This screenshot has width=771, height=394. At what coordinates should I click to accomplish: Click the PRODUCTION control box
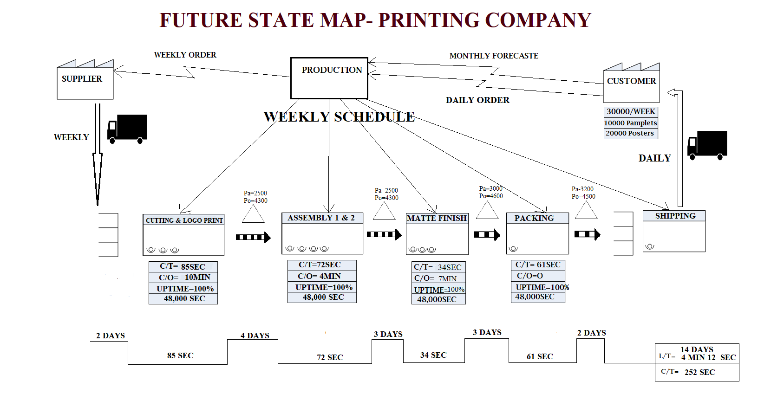pyautogui.click(x=329, y=78)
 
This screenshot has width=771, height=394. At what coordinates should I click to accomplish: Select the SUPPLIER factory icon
pyautogui.click(x=85, y=80)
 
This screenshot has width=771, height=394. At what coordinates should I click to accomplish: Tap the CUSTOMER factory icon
pyautogui.click(x=631, y=83)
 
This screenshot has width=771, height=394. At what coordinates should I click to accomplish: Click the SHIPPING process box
pyautogui.click(x=674, y=231)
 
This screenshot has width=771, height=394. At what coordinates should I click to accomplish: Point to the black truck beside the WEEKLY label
pyautogui.click(x=127, y=129)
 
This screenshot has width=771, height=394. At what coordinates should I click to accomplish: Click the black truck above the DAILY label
pyautogui.click(x=707, y=145)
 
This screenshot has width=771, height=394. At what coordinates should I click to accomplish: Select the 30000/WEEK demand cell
pyautogui.click(x=631, y=112)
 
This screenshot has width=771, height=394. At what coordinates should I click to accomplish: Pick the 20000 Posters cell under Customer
pyautogui.click(x=630, y=134)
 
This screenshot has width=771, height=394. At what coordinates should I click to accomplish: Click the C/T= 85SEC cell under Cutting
pyautogui.click(x=183, y=266)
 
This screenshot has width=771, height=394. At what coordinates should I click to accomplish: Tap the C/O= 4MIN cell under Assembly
pyautogui.click(x=321, y=276)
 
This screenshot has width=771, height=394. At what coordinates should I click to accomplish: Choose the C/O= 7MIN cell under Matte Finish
pyautogui.click(x=438, y=278)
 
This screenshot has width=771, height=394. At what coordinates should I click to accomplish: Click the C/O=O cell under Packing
pyautogui.click(x=538, y=276)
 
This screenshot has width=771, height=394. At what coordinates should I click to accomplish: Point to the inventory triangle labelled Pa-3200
pyautogui.click(x=586, y=210)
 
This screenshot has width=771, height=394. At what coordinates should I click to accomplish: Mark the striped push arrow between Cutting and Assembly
pyautogui.click(x=253, y=237)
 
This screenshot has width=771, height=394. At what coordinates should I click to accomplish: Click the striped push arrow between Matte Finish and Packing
pyautogui.click(x=487, y=235)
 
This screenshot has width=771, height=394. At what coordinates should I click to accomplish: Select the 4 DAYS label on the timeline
pyautogui.click(x=255, y=336)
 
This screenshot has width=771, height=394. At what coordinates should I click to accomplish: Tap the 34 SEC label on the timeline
pyautogui.click(x=433, y=355)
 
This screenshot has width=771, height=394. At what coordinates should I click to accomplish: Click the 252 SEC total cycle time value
pyautogui.click(x=699, y=372)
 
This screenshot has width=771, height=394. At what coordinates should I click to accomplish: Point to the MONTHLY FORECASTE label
pyautogui.click(x=494, y=56)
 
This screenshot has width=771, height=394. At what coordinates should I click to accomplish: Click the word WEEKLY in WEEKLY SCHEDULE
pyautogui.click(x=296, y=117)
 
